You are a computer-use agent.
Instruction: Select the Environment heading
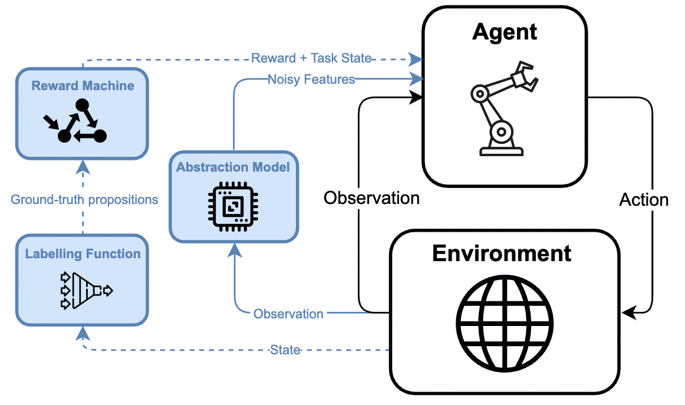[x=502, y=253]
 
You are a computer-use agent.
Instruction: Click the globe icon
[x=505, y=323]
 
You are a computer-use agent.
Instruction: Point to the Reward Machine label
[x=83, y=85]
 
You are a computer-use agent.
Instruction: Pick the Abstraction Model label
[x=233, y=167]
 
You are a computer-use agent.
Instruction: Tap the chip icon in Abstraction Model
[x=233, y=206]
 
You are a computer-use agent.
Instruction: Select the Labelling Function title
[x=83, y=254]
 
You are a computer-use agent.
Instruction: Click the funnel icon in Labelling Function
[x=86, y=291]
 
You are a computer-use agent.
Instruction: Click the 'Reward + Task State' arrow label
[x=311, y=58]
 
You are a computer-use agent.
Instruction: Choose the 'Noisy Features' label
[x=311, y=80]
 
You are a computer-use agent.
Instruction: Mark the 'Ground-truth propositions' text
[x=84, y=200]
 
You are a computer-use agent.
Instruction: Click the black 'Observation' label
[x=371, y=198]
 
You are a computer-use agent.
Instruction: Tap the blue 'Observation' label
[x=288, y=314]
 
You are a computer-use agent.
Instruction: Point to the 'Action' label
[x=644, y=200]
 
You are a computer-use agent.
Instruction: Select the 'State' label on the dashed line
[x=285, y=350]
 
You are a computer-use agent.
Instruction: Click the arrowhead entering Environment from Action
[x=628, y=313]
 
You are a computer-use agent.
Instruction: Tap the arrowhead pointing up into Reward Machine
[x=83, y=167]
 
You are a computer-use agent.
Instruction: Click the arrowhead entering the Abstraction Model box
[x=235, y=251]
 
